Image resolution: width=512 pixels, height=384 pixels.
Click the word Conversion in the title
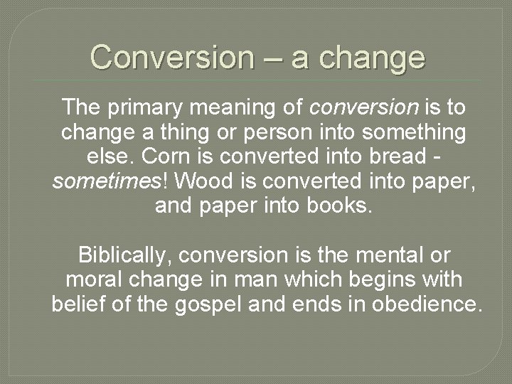tap(171, 57)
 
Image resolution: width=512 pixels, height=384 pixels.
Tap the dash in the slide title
tap(273, 58)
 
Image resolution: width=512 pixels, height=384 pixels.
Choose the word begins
tap(357, 279)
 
